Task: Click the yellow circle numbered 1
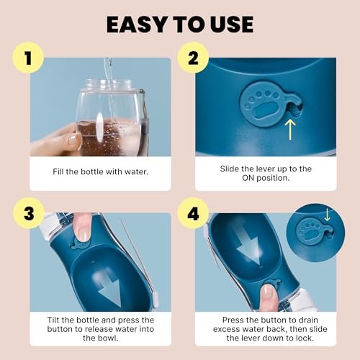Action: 27,59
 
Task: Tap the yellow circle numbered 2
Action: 192,59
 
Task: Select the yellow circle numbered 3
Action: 27,214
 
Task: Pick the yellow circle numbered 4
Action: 192,214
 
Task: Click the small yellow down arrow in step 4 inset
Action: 328,215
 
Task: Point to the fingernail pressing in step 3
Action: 85,233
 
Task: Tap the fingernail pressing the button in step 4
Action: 267,292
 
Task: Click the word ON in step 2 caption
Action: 235,179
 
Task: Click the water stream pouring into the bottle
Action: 109,72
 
